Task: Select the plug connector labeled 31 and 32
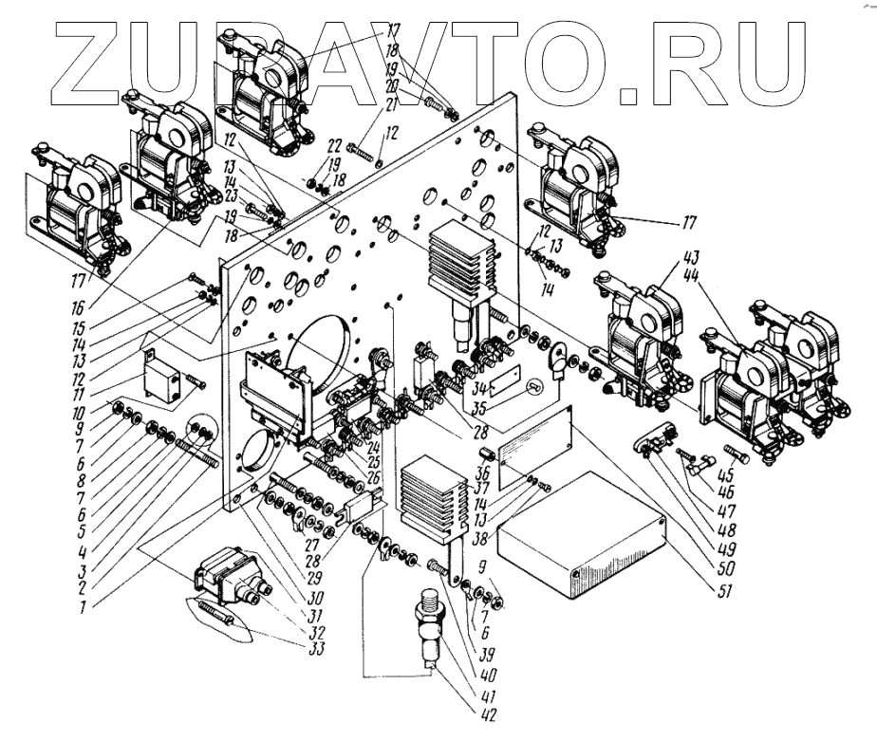(x=228, y=583)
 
